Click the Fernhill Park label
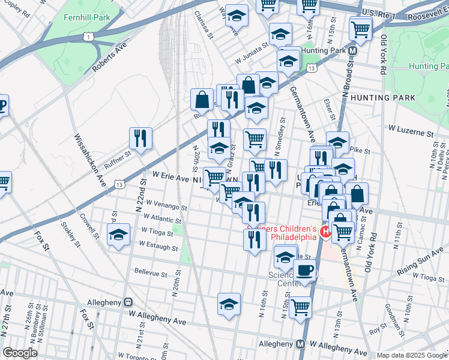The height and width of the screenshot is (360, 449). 88,17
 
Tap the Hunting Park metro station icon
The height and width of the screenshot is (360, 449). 354,52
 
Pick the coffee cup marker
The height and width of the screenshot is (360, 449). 304,270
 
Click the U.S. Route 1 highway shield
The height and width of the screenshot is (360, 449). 89,37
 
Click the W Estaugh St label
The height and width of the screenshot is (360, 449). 158,247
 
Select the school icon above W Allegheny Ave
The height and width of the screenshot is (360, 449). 229,304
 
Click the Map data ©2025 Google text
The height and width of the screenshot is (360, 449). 412,355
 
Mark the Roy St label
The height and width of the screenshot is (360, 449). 378,329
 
